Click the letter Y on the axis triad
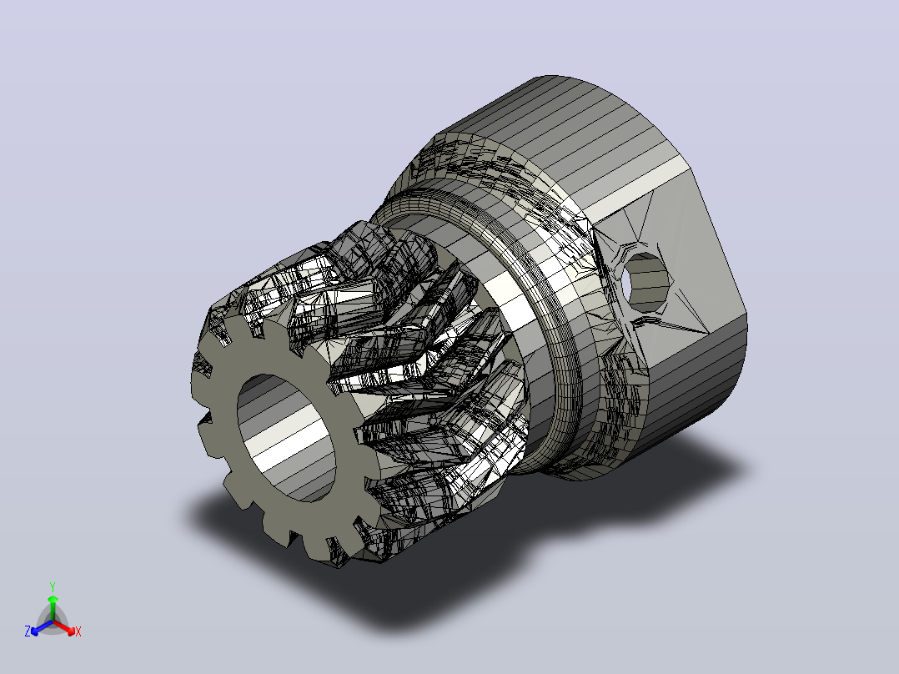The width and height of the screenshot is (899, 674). coord(53,587)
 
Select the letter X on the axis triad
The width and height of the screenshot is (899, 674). coord(78,631)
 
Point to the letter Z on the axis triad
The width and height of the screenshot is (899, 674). coord(28,631)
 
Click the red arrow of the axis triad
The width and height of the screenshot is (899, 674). coord(64,627)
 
